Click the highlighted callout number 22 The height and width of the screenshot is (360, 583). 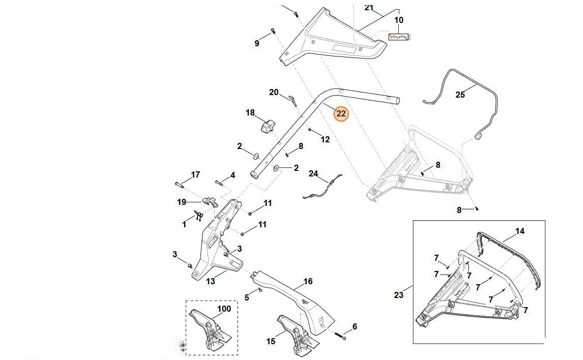pyautogui.click(x=341, y=114)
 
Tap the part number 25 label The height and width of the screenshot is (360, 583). pyautogui.click(x=460, y=95)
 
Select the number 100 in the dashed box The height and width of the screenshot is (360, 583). pyautogui.click(x=224, y=309)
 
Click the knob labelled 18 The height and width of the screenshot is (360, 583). pyautogui.click(x=267, y=125)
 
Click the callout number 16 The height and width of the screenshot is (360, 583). pyautogui.click(x=308, y=281)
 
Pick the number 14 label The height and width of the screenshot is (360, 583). pyautogui.click(x=519, y=231)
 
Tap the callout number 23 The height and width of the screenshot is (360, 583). pyautogui.click(x=399, y=294)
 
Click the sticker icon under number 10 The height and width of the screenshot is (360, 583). pyautogui.click(x=399, y=37)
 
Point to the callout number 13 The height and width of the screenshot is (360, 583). pyautogui.click(x=210, y=281)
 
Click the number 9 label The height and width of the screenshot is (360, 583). pyautogui.click(x=257, y=43)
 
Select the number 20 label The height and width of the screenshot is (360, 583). pyautogui.click(x=274, y=92)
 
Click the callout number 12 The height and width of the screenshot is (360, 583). pyautogui.click(x=325, y=139)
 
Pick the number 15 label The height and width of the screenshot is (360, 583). pyautogui.click(x=271, y=341)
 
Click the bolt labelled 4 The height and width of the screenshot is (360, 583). pyautogui.click(x=219, y=182)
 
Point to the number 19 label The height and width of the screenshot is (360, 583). pyautogui.click(x=182, y=202)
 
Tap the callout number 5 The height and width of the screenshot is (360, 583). pyautogui.click(x=247, y=297)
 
